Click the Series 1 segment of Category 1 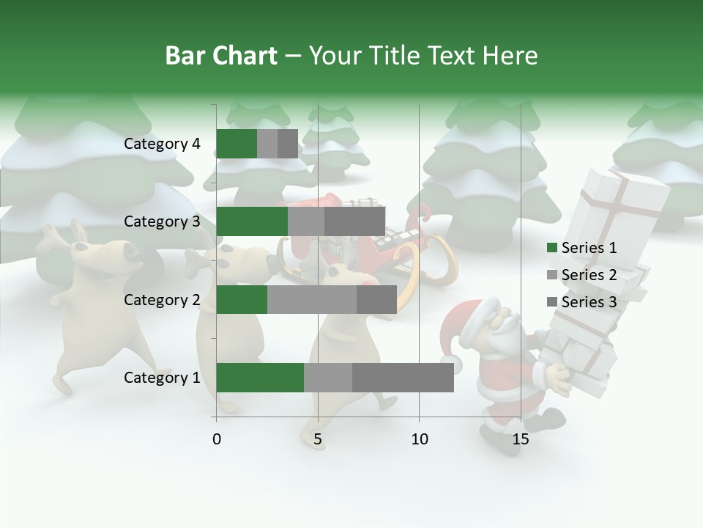tap(260, 378)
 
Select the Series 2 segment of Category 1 tap(328, 378)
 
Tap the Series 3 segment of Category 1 tap(403, 378)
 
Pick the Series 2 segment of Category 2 tap(312, 299)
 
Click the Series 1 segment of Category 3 tap(252, 221)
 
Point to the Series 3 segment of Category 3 tap(354, 221)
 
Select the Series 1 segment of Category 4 tap(237, 144)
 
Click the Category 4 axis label tap(162, 144)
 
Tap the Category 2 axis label tap(162, 299)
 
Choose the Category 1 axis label tap(162, 378)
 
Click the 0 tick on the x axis tap(217, 439)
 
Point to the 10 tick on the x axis tap(419, 439)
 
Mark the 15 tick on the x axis tap(521, 439)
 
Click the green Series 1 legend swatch tap(551, 248)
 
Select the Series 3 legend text tap(589, 302)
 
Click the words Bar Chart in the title tap(221, 56)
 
